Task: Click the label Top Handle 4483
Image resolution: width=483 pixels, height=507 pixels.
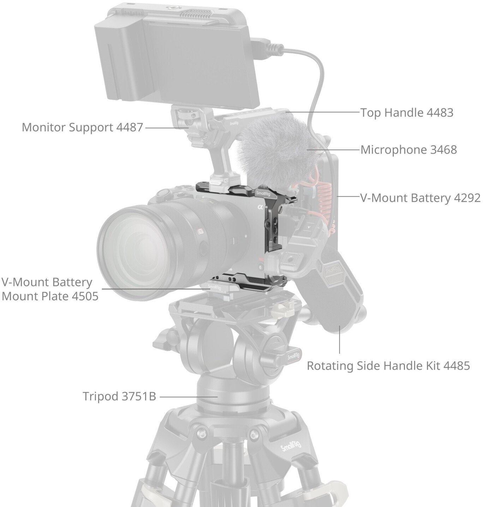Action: coord(407,113)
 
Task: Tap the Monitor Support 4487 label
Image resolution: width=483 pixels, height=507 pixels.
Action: coord(82,127)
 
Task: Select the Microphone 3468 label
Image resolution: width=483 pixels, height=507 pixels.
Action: coord(409,150)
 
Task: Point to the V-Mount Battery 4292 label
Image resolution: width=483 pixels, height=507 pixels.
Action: coord(421,198)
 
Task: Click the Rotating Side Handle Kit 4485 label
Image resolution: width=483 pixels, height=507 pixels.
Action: coord(388,366)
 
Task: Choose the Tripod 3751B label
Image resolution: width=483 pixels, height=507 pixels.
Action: coord(119,396)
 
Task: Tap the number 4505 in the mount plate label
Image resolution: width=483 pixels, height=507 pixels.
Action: coord(85,296)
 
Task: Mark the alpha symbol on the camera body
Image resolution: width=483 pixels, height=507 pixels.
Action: coord(261,207)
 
